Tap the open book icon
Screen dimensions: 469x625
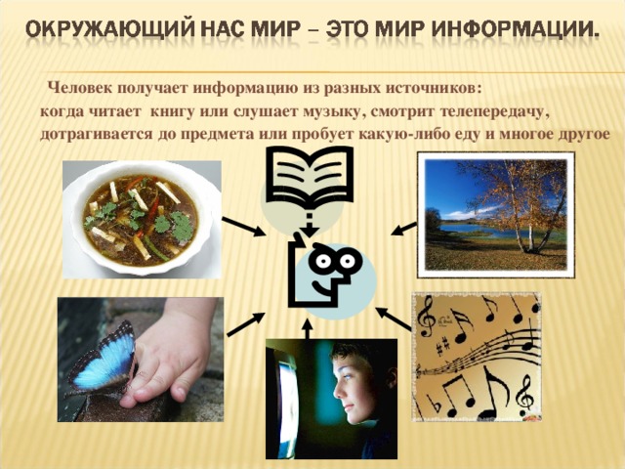[x=310, y=179]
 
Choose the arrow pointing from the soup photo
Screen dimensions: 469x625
[x=243, y=227]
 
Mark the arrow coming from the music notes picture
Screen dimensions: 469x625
[x=394, y=317]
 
